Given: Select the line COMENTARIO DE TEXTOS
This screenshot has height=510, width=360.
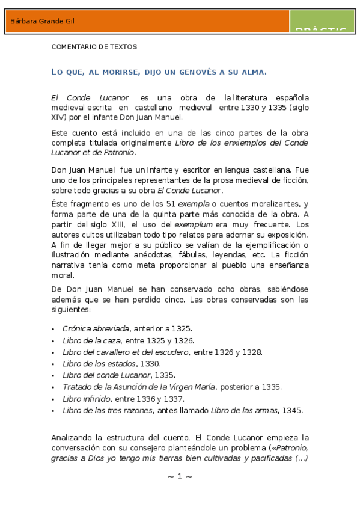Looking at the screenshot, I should click(x=94, y=46).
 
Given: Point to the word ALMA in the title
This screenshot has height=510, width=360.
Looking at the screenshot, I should click(x=252, y=72).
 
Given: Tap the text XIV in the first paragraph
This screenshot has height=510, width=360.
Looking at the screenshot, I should click(x=59, y=117).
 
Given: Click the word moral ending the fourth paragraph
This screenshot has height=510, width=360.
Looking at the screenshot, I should click(x=62, y=275).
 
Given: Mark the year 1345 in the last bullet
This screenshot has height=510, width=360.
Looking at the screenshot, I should click(x=293, y=410).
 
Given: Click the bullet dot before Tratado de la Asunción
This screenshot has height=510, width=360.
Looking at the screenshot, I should click(x=53, y=387).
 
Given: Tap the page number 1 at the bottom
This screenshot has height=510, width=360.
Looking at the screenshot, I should click(x=179, y=476).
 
